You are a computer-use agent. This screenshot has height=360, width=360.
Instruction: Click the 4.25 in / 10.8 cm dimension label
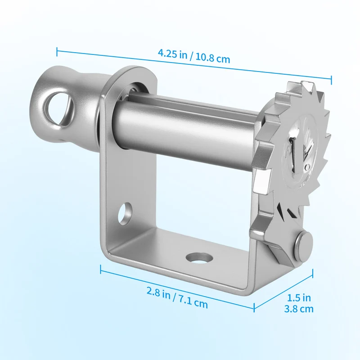pyautogui.click(x=194, y=56)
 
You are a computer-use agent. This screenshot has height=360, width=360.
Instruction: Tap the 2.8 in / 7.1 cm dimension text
pyautogui.click(x=177, y=297)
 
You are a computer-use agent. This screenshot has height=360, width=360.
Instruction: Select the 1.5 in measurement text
pyautogui.click(x=299, y=298)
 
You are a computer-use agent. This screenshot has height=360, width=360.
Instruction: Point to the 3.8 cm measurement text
pyautogui.click(x=299, y=309)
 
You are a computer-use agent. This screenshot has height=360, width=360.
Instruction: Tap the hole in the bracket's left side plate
pyautogui.click(x=125, y=213)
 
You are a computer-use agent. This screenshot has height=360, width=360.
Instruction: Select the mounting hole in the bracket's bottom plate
pyautogui.click(x=199, y=257)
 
